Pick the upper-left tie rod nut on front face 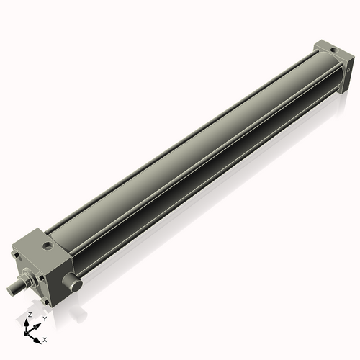(16, 254)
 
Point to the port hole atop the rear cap (332, 49)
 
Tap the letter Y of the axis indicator (44, 319)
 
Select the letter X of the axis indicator (45, 338)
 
